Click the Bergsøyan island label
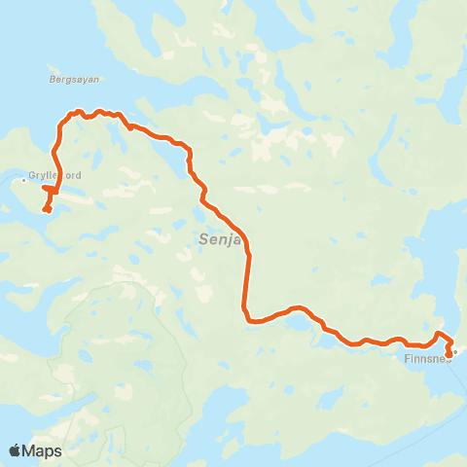(x=74, y=79)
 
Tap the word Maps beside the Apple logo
(x=43, y=450)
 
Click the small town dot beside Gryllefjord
(x=23, y=179)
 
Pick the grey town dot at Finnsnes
(x=454, y=351)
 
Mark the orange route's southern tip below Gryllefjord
(x=46, y=210)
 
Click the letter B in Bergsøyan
(x=50, y=79)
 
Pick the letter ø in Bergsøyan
(x=77, y=79)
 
